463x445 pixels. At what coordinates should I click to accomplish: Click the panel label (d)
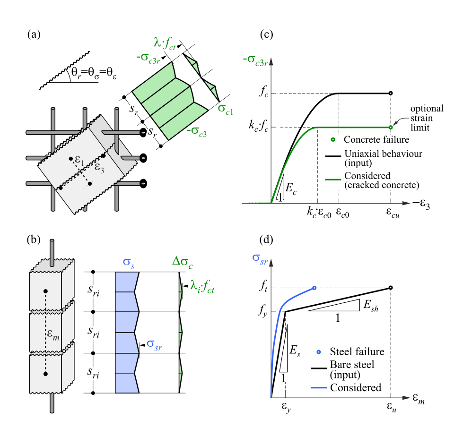point(268,240)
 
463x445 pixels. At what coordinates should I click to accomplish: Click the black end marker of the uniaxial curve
point(391,94)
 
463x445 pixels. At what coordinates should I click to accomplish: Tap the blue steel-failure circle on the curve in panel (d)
point(314,288)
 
